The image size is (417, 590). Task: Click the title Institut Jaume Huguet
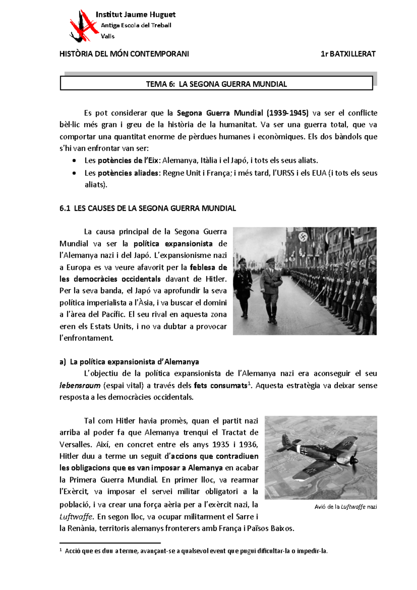point(135,15)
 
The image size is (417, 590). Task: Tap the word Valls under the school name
point(107,36)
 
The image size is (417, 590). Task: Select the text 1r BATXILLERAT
point(348,54)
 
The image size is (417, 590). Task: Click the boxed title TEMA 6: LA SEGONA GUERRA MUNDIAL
point(216,84)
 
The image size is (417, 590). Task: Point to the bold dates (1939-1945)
point(287,113)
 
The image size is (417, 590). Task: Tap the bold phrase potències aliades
point(128,173)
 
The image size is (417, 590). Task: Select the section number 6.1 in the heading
point(65,208)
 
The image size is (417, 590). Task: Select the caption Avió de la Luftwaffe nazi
point(345,507)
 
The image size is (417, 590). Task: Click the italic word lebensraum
point(80,385)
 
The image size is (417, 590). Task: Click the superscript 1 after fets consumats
point(248,383)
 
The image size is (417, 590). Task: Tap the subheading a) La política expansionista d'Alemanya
point(129,362)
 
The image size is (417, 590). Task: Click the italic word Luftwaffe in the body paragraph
point(76,517)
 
